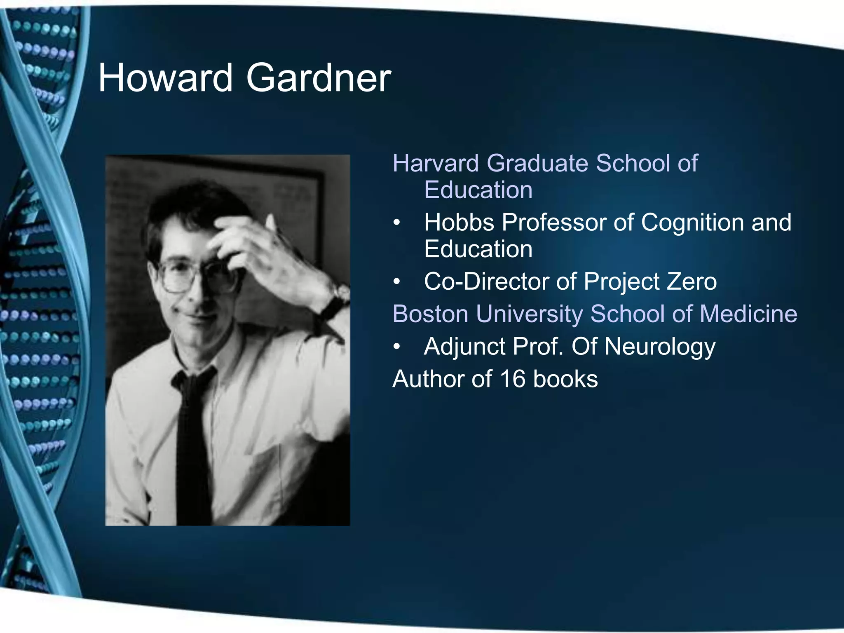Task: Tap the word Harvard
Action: click(x=436, y=163)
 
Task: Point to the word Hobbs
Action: click(x=459, y=223)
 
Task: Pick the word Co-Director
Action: click(x=486, y=281)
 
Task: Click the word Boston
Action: click(x=431, y=314)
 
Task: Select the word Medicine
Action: click(x=748, y=314)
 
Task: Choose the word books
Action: click(x=565, y=379)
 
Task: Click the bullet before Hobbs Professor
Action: click(x=396, y=223)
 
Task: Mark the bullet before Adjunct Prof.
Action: click(x=396, y=347)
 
